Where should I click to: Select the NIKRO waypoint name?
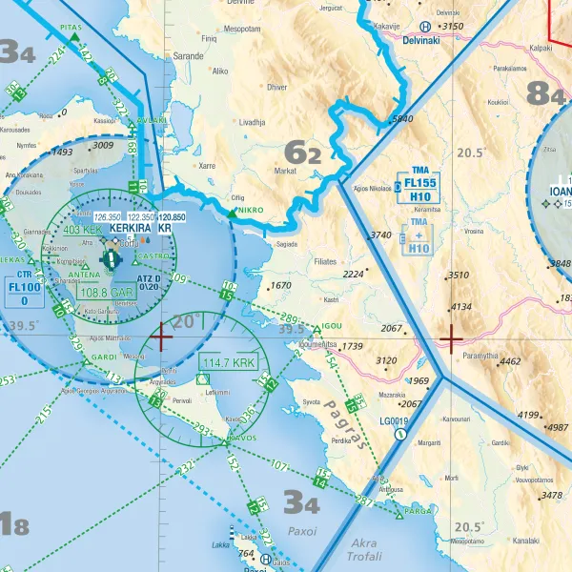click(x=250, y=210)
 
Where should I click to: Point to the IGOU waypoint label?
click(x=332, y=326)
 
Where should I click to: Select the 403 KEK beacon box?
click(x=82, y=230)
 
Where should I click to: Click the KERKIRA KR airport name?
click(x=140, y=230)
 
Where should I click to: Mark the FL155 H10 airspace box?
click(x=419, y=189)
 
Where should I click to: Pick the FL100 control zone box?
click(x=24, y=293)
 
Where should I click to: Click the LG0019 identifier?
click(x=394, y=420)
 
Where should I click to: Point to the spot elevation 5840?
click(x=401, y=119)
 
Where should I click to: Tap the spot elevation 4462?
click(x=510, y=361)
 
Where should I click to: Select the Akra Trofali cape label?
click(x=363, y=549)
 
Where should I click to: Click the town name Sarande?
click(x=188, y=56)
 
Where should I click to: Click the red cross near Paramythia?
click(x=450, y=337)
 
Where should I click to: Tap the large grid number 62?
click(x=303, y=151)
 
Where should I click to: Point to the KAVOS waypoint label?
click(x=242, y=439)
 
